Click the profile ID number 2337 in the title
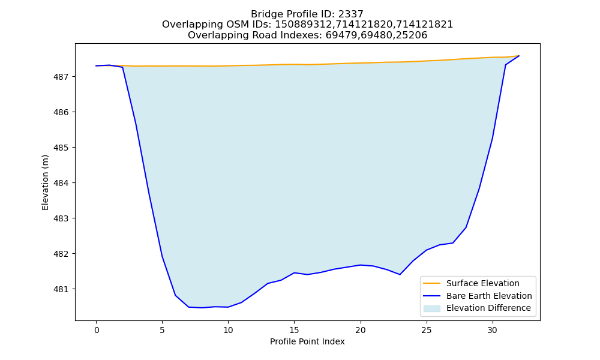click(350, 14)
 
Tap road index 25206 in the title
click(412, 35)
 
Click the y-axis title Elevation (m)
click(45, 182)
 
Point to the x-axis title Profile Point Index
click(307, 341)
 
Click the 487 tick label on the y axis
click(60, 77)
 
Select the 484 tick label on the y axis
click(60, 183)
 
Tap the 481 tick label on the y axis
click(60, 290)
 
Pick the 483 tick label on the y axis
click(60, 219)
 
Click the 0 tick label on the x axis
click(97, 330)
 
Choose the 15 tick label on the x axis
click(294, 330)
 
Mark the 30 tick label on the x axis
click(493, 330)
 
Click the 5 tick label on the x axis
click(162, 330)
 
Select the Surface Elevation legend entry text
click(483, 283)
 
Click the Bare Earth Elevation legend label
click(489, 296)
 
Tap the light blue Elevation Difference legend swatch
click(431, 308)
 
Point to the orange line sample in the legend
click(431, 283)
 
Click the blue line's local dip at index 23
click(400, 274)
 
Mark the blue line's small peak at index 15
click(294, 273)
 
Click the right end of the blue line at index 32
click(519, 56)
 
